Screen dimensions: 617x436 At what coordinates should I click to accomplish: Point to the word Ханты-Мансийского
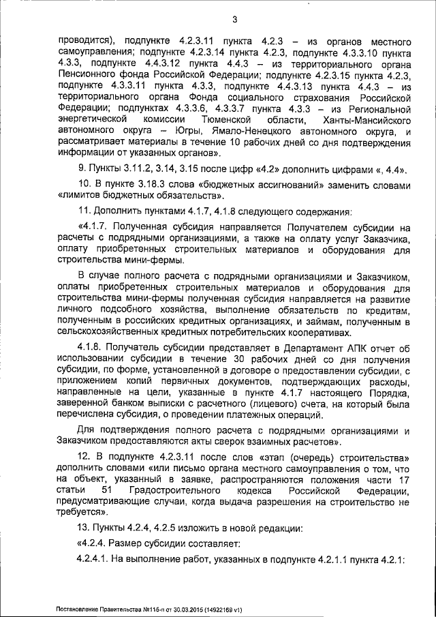[x=370, y=119]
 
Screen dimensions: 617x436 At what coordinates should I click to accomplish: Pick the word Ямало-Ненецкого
[x=258, y=131]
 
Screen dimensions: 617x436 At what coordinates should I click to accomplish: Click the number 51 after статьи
[x=106, y=492]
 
